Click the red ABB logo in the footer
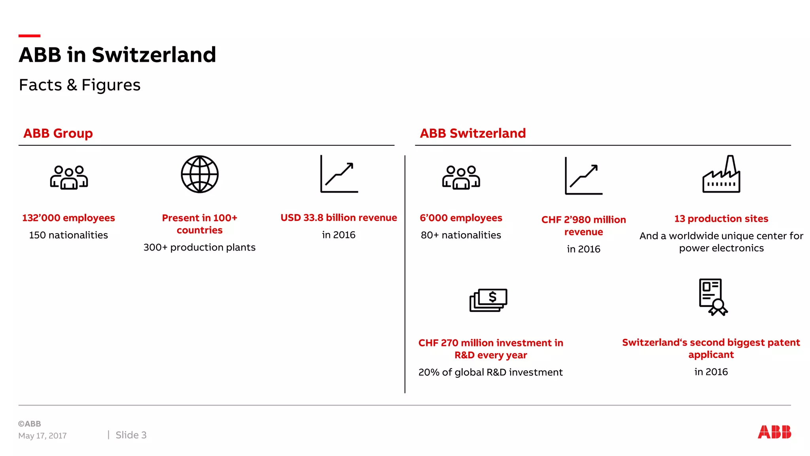point(774,432)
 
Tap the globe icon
point(200,174)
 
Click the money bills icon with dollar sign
point(488,300)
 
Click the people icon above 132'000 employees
point(69,177)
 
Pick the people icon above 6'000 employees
point(461,177)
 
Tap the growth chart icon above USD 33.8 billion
point(339,174)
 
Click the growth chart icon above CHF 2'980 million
point(584,176)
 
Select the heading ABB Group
point(58,133)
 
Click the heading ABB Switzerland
point(473,133)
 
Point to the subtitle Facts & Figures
point(80,85)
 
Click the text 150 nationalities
point(68,235)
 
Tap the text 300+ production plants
point(199,247)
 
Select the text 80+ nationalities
point(461,235)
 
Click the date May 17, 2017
point(42,436)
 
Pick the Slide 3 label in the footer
point(131,435)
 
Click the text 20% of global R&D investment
point(490,372)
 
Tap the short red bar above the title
point(29,36)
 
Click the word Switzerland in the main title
point(154,55)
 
